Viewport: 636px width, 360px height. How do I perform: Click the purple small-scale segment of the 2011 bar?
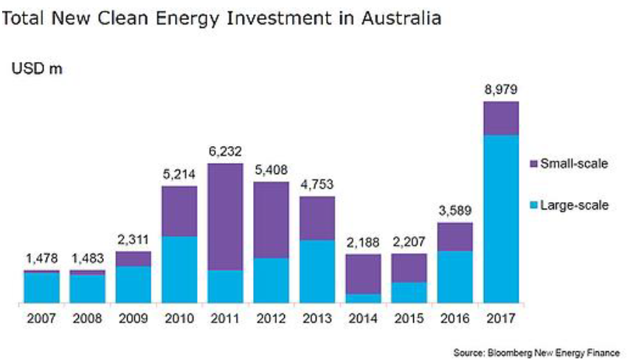(225, 216)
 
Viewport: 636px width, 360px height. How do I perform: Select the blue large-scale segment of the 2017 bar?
(501, 218)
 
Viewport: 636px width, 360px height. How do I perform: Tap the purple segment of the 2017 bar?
(501, 118)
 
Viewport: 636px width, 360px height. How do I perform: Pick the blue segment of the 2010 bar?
(179, 269)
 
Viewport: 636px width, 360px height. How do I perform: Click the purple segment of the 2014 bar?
(364, 274)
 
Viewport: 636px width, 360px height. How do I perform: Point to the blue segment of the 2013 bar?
(317, 271)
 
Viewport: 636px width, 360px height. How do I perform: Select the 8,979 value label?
(501, 90)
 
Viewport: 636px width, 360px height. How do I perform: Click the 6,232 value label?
(225, 152)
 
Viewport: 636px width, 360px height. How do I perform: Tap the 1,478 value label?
(41, 259)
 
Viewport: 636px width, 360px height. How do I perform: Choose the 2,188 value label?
(364, 243)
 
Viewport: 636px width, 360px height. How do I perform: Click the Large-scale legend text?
(575, 204)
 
